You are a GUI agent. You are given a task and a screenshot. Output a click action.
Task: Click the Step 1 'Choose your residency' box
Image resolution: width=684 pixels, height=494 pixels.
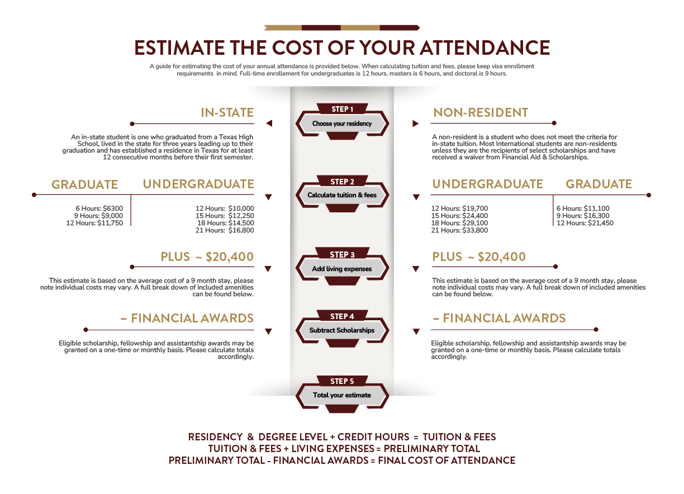[341, 123]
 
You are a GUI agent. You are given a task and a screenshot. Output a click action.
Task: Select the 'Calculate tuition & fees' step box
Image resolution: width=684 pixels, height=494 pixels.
[341, 196]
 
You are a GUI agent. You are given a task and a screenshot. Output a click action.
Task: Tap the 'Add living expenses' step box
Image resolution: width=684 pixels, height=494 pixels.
[341, 269]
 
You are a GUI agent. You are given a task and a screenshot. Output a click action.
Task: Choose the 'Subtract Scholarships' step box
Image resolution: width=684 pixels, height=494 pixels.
[341, 330]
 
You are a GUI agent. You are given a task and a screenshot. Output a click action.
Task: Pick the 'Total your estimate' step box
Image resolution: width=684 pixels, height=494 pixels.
[341, 395]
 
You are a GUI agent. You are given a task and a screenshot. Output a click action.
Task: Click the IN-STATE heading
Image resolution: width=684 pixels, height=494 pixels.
[227, 113]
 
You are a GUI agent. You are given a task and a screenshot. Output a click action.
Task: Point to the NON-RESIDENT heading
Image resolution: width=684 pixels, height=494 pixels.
[480, 113]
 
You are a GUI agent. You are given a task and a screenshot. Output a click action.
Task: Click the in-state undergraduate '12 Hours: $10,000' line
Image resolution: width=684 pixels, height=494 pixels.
[221, 208]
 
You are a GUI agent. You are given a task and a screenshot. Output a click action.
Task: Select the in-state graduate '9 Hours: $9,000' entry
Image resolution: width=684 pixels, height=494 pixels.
[99, 216]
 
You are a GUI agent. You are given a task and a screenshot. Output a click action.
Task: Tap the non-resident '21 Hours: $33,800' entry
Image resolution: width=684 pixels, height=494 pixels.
[459, 230]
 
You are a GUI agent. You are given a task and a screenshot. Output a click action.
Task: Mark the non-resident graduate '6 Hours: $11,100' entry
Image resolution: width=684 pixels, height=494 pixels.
[582, 208]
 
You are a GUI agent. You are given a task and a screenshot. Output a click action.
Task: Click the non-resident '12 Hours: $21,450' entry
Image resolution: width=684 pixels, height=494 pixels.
[584, 223]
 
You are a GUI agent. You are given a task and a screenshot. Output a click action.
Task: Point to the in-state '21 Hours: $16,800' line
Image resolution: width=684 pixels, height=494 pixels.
[221, 230]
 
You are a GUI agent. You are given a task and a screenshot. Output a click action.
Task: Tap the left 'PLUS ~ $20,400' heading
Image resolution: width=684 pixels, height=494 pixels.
[207, 257]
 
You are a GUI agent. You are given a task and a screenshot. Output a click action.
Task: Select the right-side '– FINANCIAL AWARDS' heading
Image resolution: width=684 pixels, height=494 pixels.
[499, 319]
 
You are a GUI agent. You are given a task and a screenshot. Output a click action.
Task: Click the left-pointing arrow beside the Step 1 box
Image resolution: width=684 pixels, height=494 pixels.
[269, 123]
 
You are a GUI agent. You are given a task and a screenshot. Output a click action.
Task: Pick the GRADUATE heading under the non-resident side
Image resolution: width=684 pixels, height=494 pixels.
[598, 184]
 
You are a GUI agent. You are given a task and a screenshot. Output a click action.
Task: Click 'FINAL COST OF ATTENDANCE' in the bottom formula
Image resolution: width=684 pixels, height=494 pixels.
[446, 460]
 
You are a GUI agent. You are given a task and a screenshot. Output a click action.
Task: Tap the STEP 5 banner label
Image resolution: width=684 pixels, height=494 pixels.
[341, 381]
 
